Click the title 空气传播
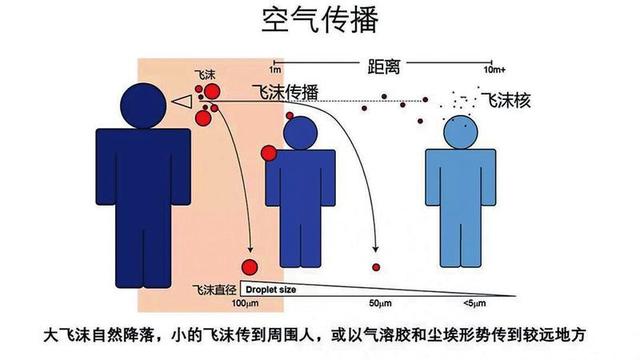[x=319, y=21]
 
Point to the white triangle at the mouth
[x=182, y=101]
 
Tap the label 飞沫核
[x=504, y=100]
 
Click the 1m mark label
[x=274, y=71]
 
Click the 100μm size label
[x=246, y=302]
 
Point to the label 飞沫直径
[x=212, y=288]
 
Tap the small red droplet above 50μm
[x=376, y=266]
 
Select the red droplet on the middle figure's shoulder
[x=269, y=153]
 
